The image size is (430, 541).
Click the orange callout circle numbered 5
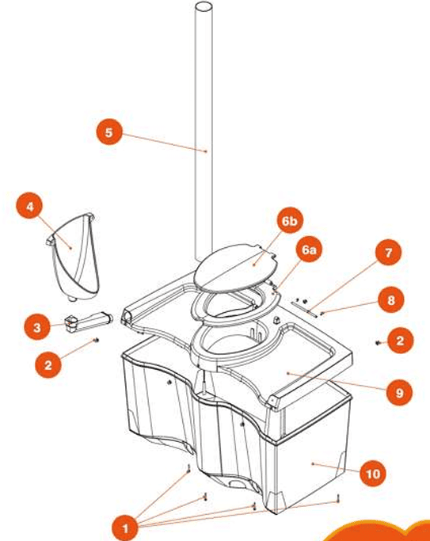[109, 132]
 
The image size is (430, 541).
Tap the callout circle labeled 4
[29, 206]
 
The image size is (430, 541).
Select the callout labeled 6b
[289, 221]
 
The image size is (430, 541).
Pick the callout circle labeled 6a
[309, 250]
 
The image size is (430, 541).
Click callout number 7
[388, 252]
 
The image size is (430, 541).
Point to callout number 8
[390, 299]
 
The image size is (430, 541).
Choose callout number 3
[37, 327]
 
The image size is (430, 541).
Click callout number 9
[399, 392]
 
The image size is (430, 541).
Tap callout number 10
[372, 474]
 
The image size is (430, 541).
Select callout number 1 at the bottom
[125, 528]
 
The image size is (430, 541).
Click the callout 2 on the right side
[400, 341]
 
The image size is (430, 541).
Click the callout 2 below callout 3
[48, 364]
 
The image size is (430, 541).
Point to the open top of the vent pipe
[204, 7]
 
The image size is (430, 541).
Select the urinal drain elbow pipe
[89, 322]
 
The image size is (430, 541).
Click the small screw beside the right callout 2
[378, 343]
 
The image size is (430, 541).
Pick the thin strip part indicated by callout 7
[303, 308]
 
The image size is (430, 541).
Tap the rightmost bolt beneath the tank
[338, 498]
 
